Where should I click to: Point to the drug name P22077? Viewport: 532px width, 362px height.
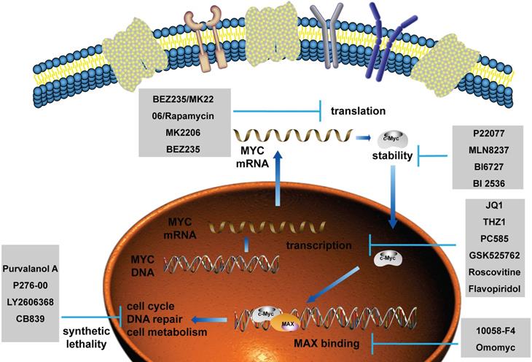(x=489, y=135)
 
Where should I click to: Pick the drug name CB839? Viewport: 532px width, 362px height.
(x=34, y=319)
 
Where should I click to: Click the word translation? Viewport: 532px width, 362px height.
(x=357, y=112)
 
